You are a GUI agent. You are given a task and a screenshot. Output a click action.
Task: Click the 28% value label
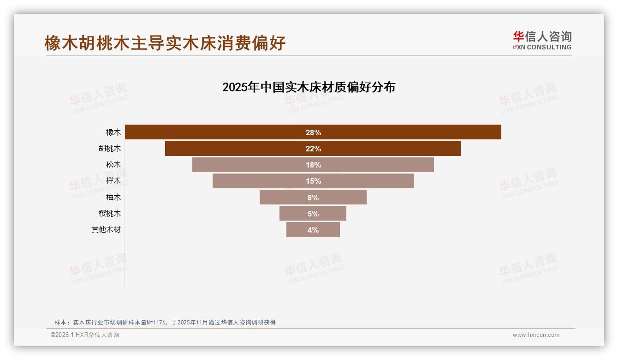[x=313, y=132]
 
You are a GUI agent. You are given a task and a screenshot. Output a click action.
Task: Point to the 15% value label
[x=313, y=181]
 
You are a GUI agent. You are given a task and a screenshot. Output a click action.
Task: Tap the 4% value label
[x=313, y=230]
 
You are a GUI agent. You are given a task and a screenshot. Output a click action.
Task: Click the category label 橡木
[x=113, y=132]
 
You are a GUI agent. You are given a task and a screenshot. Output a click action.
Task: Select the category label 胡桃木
[x=109, y=149]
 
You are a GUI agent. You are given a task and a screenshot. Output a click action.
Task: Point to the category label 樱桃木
[x=109, y=213]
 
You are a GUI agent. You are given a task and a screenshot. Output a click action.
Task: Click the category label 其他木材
[x=106, y=229]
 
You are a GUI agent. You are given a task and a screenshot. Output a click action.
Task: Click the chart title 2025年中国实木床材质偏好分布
[x=309, y=87]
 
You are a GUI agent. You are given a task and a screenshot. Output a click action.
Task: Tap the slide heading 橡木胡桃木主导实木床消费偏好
[x=165, y=43]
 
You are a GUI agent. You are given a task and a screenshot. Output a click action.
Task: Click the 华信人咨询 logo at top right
[x=542, y=40]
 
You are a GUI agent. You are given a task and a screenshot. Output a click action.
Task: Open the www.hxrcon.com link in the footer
[x=536, y=335]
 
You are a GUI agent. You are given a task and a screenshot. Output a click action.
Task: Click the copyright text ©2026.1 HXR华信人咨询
[x=85, y=335]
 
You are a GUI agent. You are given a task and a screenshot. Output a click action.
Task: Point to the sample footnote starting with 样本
[x=165, y=322]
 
